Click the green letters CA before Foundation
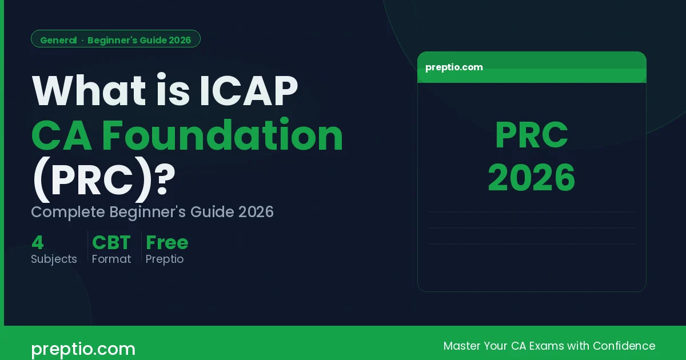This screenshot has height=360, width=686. [60, 135]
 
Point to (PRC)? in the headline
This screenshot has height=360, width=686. [103, 179]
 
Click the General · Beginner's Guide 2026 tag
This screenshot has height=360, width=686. [115, 40]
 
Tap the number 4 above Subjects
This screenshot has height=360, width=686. [38, 243]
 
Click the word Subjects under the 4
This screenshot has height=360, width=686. [54, 259]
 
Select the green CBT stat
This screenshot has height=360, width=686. [111, 243]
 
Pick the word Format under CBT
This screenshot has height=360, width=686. [111, 259]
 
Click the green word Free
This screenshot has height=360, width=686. [167, 243]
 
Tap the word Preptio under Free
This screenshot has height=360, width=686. [165, 259]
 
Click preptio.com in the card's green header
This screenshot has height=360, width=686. [454, 67]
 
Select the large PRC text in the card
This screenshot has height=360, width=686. [532, 136]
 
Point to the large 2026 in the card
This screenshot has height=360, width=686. [532, 178]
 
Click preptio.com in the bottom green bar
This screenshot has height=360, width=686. [83, 349]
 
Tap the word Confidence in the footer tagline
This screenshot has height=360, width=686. [624, 346]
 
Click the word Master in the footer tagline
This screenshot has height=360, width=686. [462, 346]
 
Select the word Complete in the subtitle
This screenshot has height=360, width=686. [68, 212]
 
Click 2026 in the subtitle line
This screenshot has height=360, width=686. [256, 212]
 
